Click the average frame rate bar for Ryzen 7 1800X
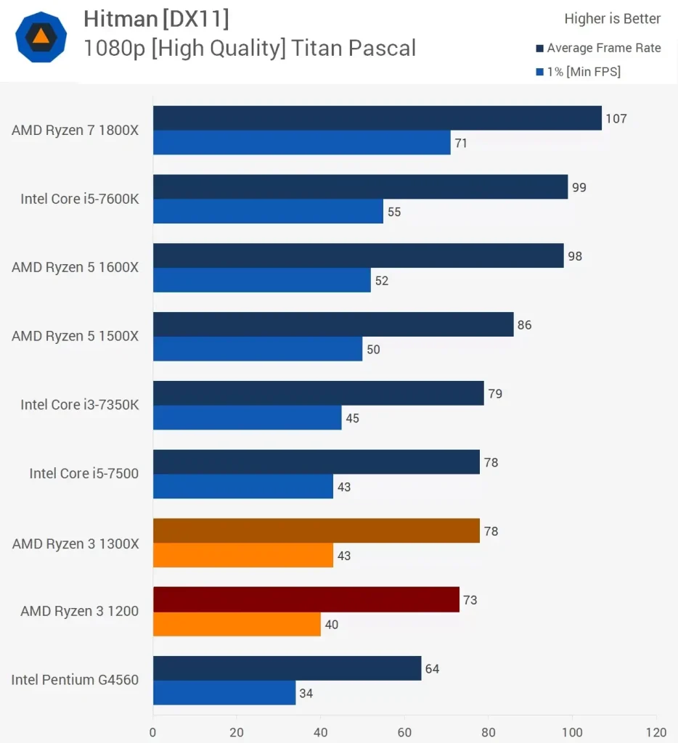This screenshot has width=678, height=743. point(377,118)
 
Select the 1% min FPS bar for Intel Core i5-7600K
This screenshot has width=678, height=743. point(268,211)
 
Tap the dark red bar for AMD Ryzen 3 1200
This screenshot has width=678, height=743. point(306,599)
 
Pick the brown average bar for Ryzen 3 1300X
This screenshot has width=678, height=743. point(316,530)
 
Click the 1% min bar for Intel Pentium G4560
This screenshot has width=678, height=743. point(224,692)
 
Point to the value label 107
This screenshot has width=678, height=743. point(616,118)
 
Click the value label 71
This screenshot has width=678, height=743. point(461,143)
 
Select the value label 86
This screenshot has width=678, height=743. point(524,325)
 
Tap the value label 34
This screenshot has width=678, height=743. point(306,693)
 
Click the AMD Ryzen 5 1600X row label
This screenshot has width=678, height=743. point(75,267)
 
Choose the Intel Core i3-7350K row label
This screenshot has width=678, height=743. point(79,404)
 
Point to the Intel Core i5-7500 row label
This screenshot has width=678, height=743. point(83,473)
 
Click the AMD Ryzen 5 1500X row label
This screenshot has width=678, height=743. point(75,336)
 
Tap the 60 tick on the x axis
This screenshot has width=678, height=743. point(404,731)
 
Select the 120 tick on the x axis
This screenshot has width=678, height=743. point(656,731)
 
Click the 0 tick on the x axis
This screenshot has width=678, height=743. point(153,731)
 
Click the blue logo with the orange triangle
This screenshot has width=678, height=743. point(41,37)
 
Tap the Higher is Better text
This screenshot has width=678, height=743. point(612,19)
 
